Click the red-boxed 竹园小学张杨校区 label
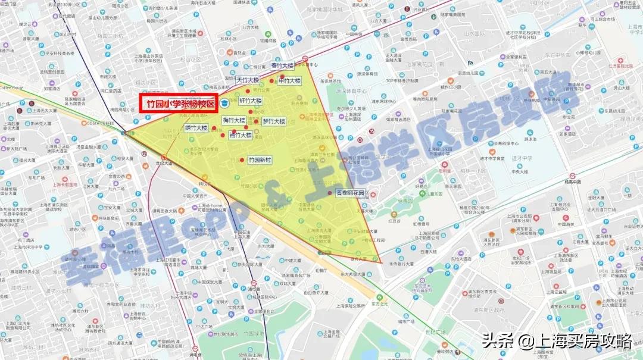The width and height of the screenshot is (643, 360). pyautogui.click(x=177, y=103)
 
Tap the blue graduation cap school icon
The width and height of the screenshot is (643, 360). pyautogui.click(x=224, y=104)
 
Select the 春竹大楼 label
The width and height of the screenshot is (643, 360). pyautogui.click(x=282, y=65)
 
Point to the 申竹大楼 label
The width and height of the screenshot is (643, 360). pyautogui.click(x=289, y=80)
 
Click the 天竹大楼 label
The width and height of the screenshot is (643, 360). pyautogui.click(x=248, y=80)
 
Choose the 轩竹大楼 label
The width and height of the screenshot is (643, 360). pyautogui.click(x=251, y=101)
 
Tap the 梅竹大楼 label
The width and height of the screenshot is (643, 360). pyautogui.click(x=234, y=120)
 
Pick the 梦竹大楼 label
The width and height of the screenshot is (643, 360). pyautogui.click(x=274, y=121)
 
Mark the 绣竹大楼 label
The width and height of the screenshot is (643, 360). pyautogui.click(x=196, y=127)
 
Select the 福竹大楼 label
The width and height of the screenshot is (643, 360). pyautogui.click(x=241, y=135)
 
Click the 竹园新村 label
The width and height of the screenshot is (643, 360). pyautogui.click(x=260, y=160)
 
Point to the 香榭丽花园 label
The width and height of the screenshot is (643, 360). pyautogui.click(x=349, y=193)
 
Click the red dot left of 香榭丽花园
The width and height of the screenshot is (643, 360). pyautogui.click(x=330, y=193)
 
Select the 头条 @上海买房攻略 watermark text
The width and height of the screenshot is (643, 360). pyautogui.click(x=557, y=341)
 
